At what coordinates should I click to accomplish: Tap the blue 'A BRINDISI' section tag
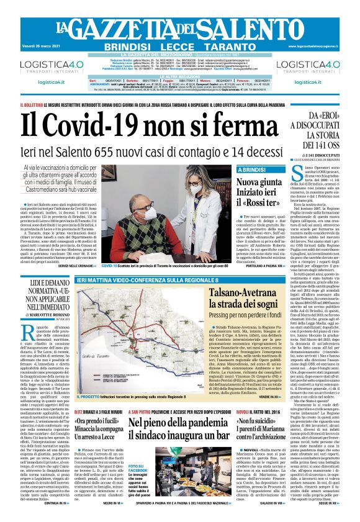tap(252, 169)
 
